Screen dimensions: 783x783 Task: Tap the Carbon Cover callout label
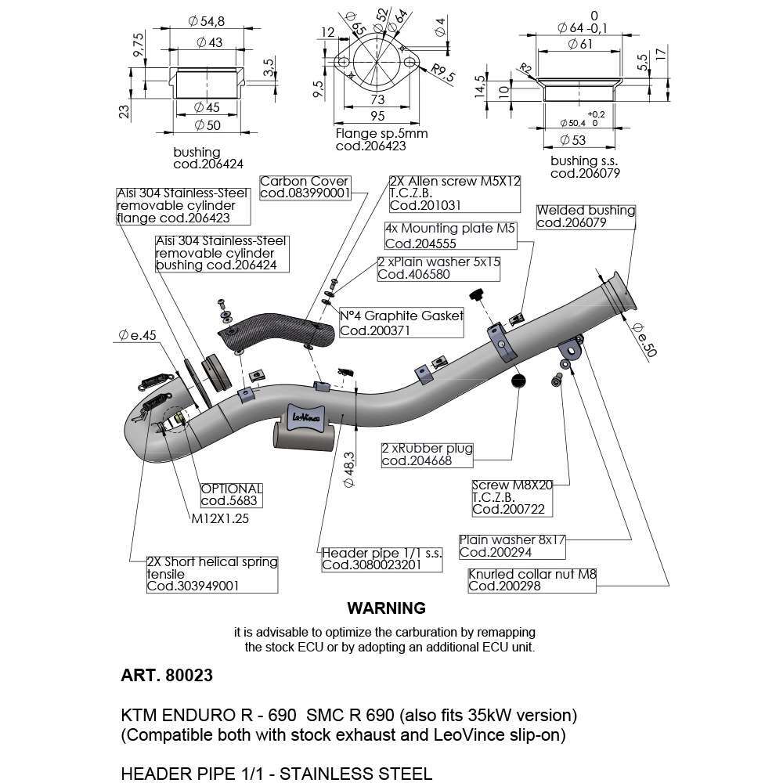[x=305, y=187]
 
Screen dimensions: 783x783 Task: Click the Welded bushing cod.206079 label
[x=586, y=216]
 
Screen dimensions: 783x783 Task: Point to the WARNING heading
[x=386, y=608]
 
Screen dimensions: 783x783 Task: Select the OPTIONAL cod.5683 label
[x=231, y=494]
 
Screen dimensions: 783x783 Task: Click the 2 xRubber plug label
[x=427, y=455]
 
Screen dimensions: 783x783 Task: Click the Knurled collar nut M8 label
[x=532, y=580]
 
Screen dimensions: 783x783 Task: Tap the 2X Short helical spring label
[x=212, y=574]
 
